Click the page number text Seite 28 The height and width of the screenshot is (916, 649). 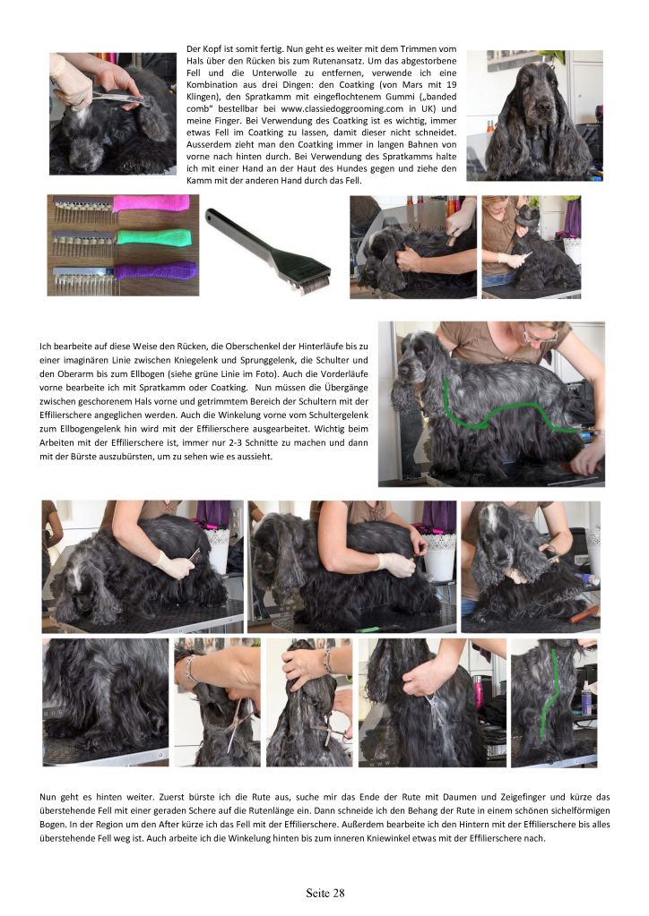coord(325,894)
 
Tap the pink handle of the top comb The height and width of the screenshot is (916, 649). coord(151,203)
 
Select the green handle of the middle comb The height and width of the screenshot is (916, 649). coord(154,237)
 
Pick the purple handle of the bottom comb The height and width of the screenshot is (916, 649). coord(155,270)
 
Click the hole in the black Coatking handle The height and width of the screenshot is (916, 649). coord(210,214)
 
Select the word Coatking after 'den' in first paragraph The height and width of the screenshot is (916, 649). coord(357,85)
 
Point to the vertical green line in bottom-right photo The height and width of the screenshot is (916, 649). coord(549,692)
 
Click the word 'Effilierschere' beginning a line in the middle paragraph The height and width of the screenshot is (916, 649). coord(64,415)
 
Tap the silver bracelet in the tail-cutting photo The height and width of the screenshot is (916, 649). coord(189,670)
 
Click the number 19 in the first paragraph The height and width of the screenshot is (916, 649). coord(452,85)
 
